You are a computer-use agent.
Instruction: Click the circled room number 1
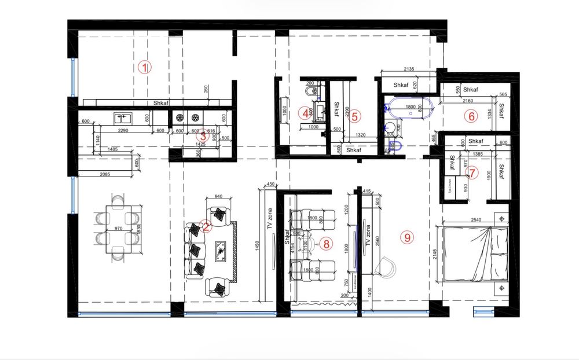click(x=145, y=67)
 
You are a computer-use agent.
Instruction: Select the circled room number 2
click(x=204, y=227)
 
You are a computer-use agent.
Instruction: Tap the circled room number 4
click(x=305, y=113)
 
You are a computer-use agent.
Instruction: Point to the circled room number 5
click(x=355, y=116)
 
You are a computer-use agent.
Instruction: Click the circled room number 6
click(x=471, y=116)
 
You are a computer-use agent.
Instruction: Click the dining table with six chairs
click(x=118, y=229)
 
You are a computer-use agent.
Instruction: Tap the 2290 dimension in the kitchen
click(x=122, y=131)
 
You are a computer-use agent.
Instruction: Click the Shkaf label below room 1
click(x=160, y=103)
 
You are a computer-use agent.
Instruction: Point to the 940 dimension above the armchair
click(x=219, y=196)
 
